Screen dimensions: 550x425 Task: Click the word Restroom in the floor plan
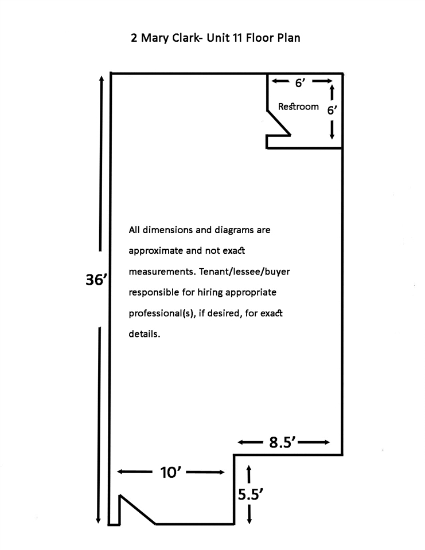coord(298,107)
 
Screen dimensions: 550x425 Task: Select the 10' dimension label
coord(170,472)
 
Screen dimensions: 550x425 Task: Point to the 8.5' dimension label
coord(283,442)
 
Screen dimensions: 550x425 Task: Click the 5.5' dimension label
coord(250,494)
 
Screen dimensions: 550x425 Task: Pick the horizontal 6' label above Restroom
coord(300,82)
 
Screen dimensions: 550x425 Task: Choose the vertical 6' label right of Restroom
coord(332,111)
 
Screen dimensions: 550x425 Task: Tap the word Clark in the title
coord(185,38)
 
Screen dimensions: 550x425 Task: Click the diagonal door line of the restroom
coord(279,123)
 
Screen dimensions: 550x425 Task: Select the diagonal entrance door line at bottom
coord(137,509)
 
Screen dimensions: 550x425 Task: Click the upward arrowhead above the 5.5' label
coord(249,468)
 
